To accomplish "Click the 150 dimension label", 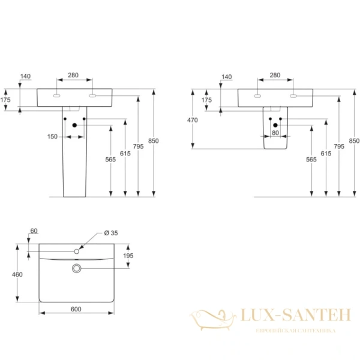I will (53, 137).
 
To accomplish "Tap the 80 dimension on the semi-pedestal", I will (275, 133).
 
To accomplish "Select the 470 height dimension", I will (192, 120).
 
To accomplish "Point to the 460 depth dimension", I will (17, 274).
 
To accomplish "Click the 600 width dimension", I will (76, 309).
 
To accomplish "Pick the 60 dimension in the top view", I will (34, 231).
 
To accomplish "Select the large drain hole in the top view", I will (76, 268).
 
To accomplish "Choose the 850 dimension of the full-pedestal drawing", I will (154, 140).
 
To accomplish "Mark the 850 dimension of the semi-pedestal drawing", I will (354, 141).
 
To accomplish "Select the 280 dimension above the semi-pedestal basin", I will (275, 76).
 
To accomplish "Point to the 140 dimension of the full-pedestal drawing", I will (25, 76).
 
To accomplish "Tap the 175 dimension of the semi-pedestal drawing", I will (207, 100).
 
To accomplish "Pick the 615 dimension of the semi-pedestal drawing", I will (326, 154).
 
